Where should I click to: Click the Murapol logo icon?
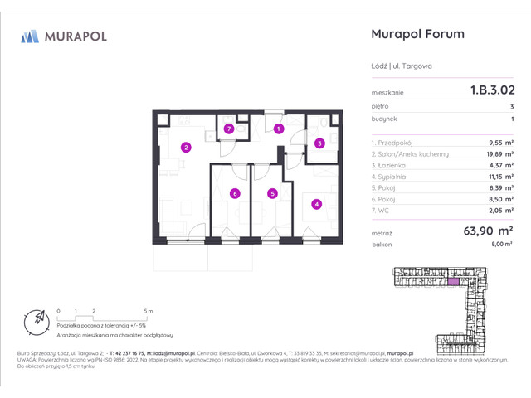point(30,36)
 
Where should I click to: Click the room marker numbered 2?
point(187,148)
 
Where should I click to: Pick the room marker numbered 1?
point(279,129)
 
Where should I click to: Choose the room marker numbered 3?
point(319,143)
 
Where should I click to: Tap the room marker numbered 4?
point(315,203)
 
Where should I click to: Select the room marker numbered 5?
point(271,193)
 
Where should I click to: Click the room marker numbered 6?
point(235,193)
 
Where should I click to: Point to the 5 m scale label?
point(146,310)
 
